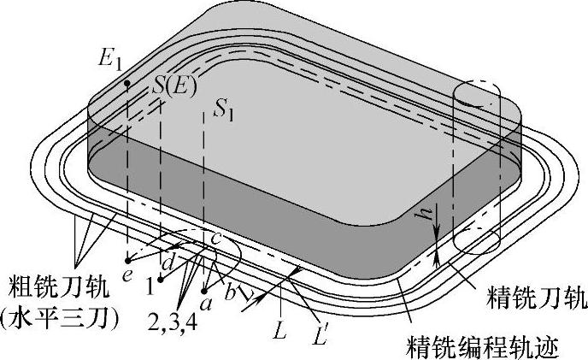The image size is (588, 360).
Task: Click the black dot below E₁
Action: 126,83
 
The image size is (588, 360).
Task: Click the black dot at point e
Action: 128,257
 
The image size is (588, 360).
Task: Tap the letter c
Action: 215,239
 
